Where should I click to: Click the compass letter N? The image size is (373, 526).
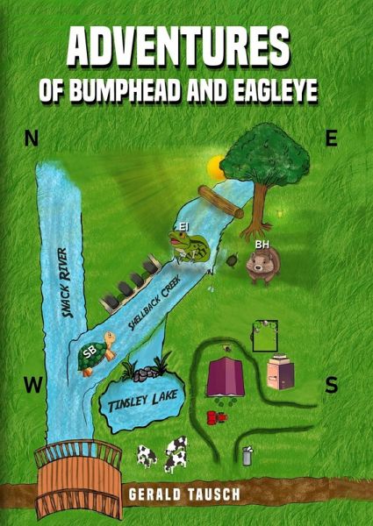31,139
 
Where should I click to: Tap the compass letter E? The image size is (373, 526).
332,139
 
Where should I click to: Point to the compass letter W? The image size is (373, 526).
32,385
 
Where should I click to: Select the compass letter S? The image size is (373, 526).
332,385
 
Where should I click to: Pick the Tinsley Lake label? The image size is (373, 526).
143,401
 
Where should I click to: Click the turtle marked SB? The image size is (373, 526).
97,353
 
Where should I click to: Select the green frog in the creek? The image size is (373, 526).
188,245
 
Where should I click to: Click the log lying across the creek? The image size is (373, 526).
220,202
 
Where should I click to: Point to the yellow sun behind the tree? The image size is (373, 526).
216,167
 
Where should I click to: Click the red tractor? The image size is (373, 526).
217,417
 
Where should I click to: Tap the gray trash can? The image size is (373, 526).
247,456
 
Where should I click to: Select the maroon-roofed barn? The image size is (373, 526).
226,377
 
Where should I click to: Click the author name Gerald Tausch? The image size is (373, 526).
184,494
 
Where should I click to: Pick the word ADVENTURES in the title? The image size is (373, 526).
178,48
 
